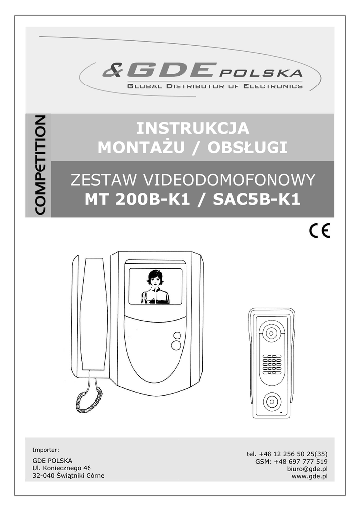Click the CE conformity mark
pyautogui.click(x=319, y=232)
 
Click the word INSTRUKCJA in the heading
pyautogui.click(x=192, y=128)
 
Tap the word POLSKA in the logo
pyautogui.click(x=261, y=74)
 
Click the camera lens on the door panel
pyautogui.click(x=272, y=333)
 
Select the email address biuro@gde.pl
pyautogui.click(x=307, y=469)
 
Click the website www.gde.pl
pyautogui.click(x=309, y=476)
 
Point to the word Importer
pyautogui.click(x=46, y=450)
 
